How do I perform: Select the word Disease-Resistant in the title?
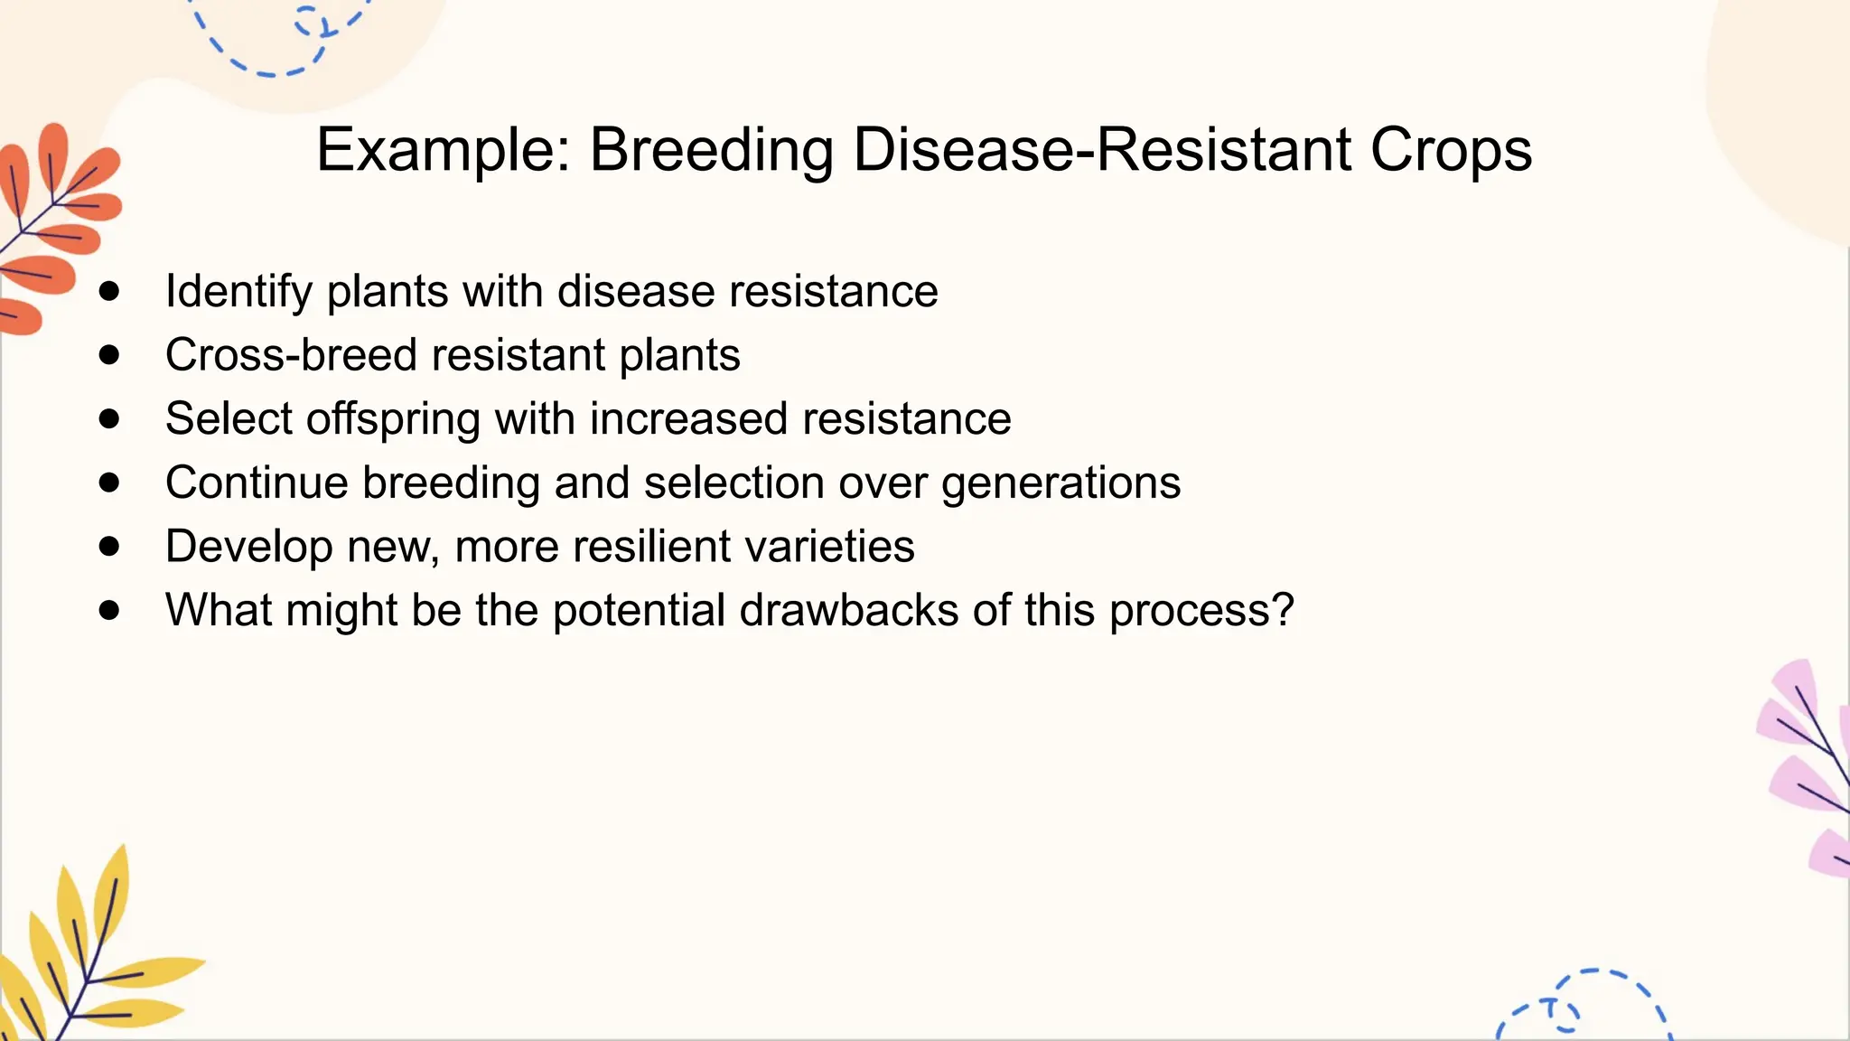[x=1102, y=150]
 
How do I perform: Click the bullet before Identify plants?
[x=109, y=291]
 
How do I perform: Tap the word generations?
[x=1060, y=483]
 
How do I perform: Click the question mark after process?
[x=1282, y=610]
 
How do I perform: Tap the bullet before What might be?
[x=109, y=610]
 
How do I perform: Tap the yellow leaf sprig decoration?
[x=81, y=958]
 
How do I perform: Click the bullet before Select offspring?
[x=109, y=418]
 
